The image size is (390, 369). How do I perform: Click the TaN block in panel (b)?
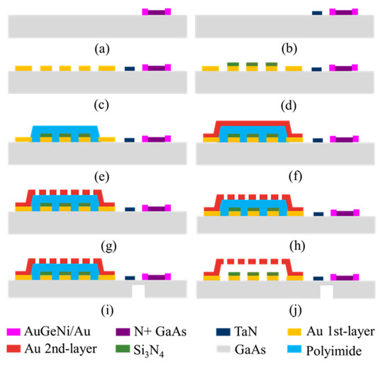point(316,13)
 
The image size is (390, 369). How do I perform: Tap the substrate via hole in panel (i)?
point(138,291)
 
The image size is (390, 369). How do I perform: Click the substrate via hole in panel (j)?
point(326,291)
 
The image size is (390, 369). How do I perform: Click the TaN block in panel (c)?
point(129,69)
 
